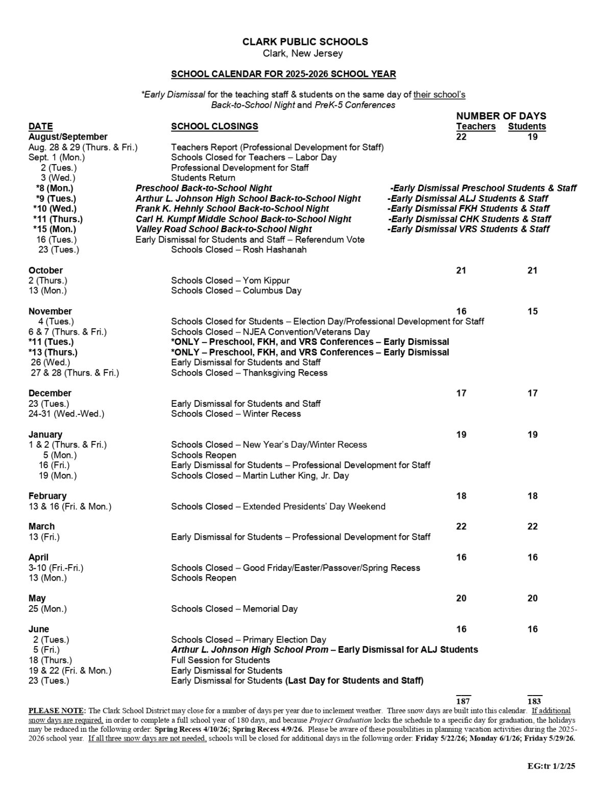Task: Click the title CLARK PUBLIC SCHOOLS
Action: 305,42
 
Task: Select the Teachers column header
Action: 475,126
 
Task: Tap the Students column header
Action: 526,126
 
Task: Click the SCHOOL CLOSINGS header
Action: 214,126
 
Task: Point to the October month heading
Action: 45,270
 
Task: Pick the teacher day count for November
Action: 461,311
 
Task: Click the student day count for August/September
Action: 532,137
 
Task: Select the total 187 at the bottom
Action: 463,701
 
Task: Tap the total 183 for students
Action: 534,701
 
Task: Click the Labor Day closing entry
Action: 254,157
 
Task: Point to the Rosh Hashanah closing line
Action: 238,250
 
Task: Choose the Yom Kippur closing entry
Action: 230,281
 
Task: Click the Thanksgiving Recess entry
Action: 249,373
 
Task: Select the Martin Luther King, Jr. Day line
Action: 260,475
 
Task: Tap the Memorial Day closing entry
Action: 234,609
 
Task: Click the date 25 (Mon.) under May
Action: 47,609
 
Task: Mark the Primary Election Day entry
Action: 248,639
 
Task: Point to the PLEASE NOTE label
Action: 57,710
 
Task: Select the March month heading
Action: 41,526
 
